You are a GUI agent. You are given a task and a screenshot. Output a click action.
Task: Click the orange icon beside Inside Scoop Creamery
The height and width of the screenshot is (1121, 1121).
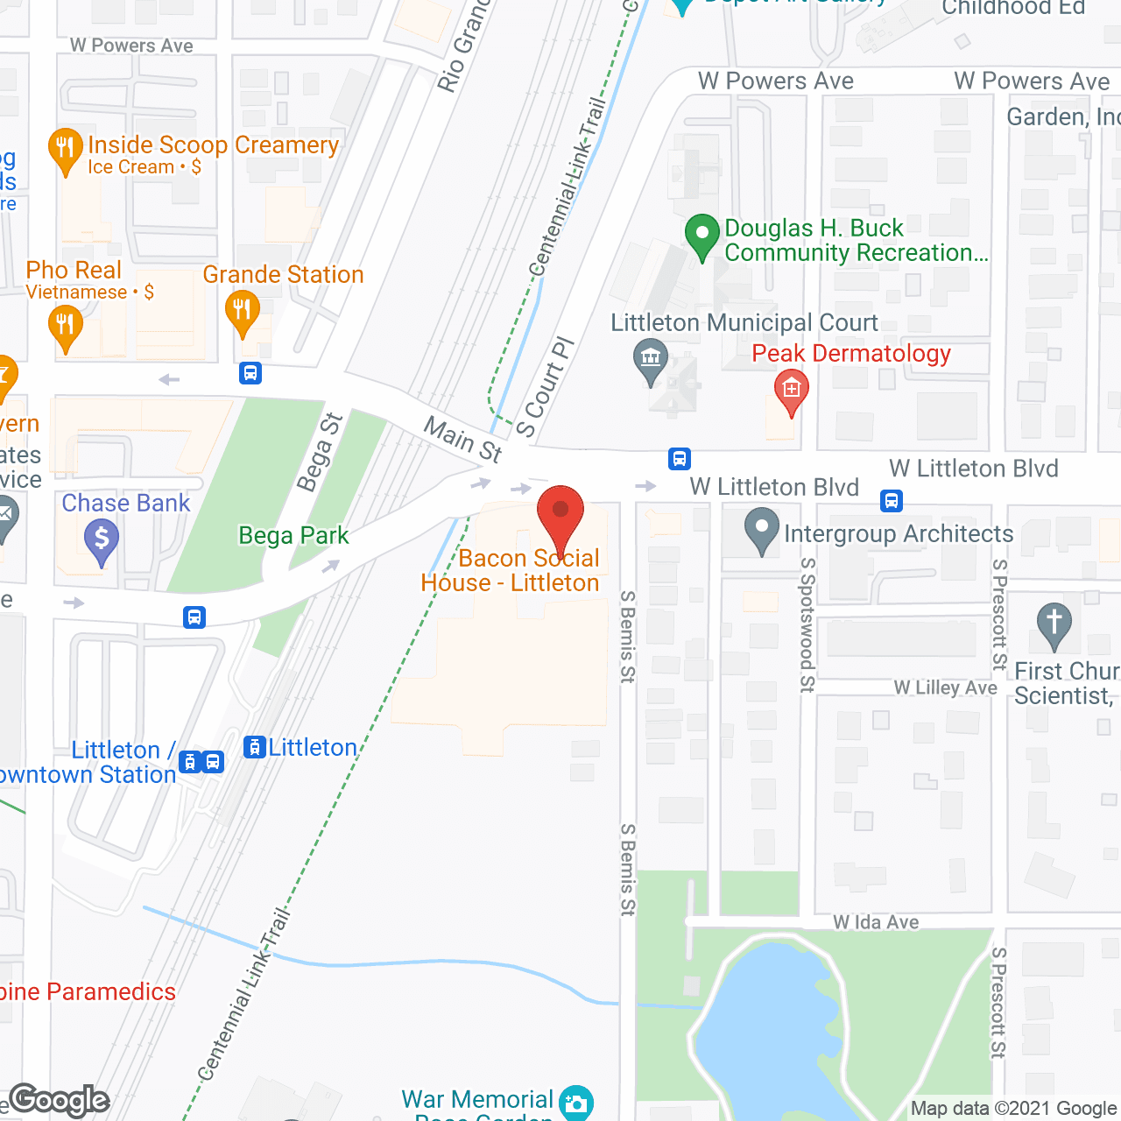tap(65, 150)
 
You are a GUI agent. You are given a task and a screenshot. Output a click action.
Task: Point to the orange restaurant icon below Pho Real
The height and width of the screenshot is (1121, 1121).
tap(65, 326)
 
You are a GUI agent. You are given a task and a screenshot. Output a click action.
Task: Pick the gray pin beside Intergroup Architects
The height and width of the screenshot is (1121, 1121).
tap(761, 530)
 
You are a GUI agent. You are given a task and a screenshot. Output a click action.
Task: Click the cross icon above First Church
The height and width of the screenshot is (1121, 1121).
tap(1054, 624)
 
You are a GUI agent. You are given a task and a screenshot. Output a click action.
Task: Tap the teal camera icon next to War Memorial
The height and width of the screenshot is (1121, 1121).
tap(575, 1103)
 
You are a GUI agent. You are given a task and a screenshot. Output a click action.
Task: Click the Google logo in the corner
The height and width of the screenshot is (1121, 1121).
tap(59, 1100)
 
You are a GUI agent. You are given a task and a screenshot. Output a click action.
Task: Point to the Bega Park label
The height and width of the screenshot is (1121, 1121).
tap(293, 535)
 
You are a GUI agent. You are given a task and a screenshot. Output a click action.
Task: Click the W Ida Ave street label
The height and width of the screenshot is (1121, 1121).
tap(876, 922)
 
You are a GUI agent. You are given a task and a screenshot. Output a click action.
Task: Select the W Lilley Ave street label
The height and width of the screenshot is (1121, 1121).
tap(945, 687)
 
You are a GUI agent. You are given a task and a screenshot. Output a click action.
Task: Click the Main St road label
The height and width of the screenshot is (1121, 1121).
tap(463, 439)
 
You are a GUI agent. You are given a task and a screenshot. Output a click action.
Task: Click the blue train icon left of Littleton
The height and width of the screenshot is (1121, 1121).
tap(254, 747)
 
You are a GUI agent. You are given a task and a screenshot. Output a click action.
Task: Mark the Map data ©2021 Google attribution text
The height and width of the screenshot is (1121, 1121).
tap(1013, 1108)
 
